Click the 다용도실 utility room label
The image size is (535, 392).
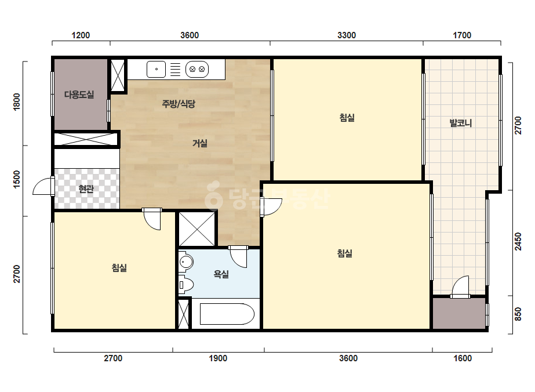point(79,95)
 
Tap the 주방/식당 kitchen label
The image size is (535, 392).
point(179,103)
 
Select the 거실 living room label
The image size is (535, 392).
point(200,143)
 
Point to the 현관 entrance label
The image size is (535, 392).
point(86,188)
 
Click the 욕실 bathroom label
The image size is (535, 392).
point(221,274)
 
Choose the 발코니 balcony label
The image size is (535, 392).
point(461,123)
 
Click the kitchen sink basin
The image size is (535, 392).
point(157,70)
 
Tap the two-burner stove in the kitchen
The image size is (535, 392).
point(197,70)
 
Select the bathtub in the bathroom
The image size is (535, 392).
point(227,314)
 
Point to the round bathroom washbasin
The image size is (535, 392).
point(186,262)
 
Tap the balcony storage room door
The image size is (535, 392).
point(460,287)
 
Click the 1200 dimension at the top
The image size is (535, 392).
point(81,35)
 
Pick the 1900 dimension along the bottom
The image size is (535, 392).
point(218,358)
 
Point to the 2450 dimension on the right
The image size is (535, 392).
point(518,241)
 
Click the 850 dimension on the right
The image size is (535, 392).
point(518,314)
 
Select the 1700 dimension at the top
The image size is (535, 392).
point(462,35)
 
